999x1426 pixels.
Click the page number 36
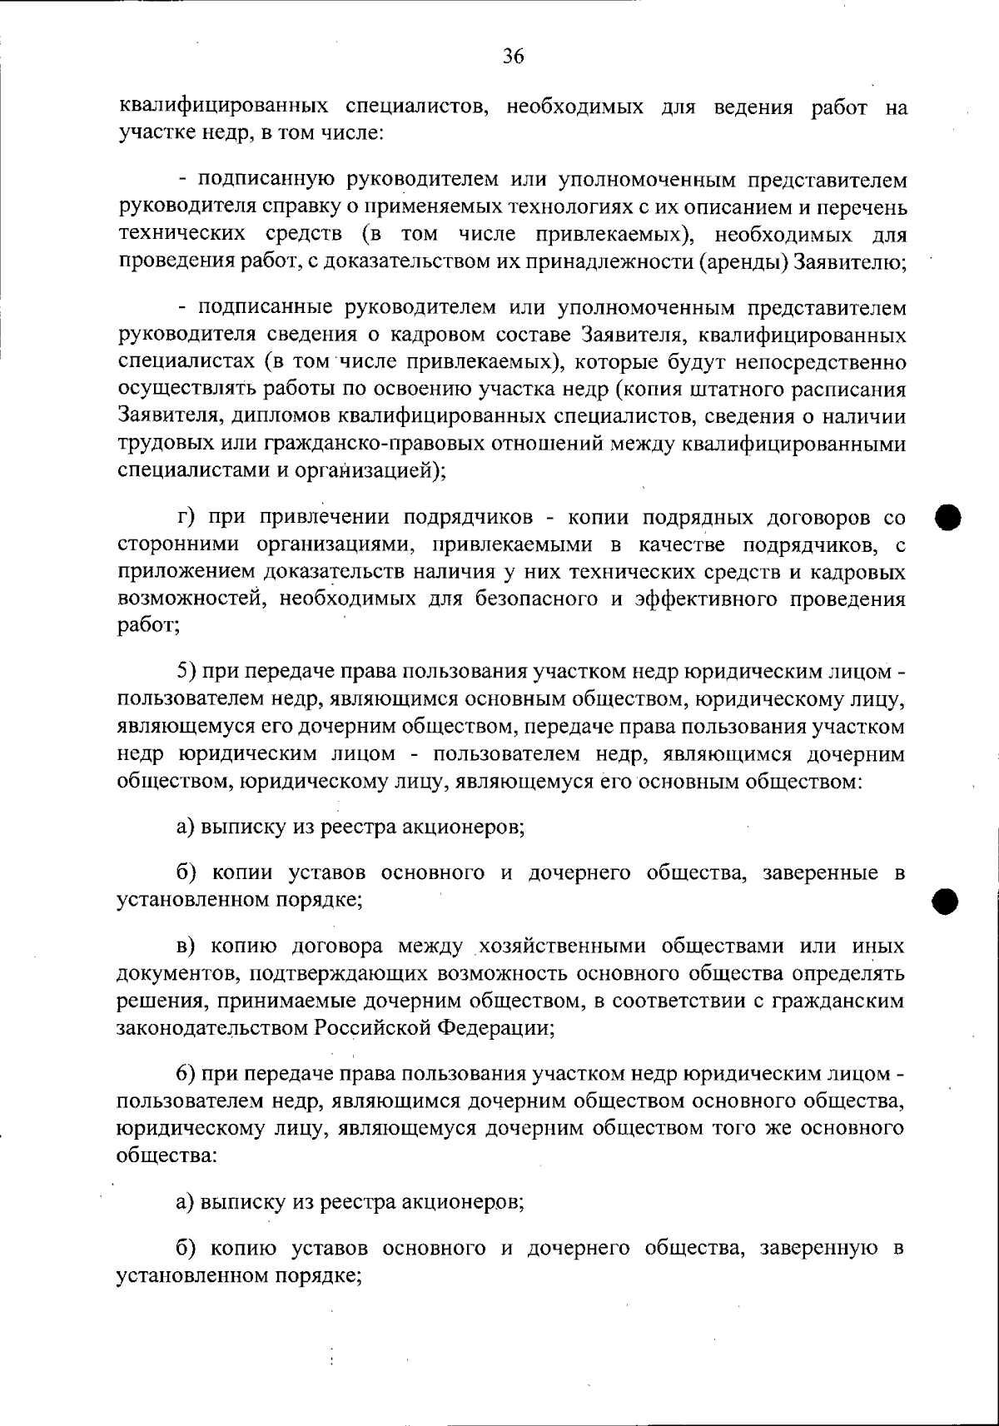click(513, 57)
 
